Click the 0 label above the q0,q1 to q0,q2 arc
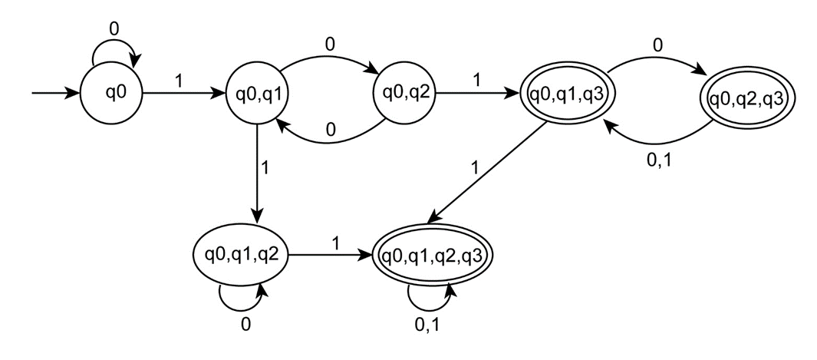330,45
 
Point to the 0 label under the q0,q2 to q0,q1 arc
330,130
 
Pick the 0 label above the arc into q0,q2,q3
658,46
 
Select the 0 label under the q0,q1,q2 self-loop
245,325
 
